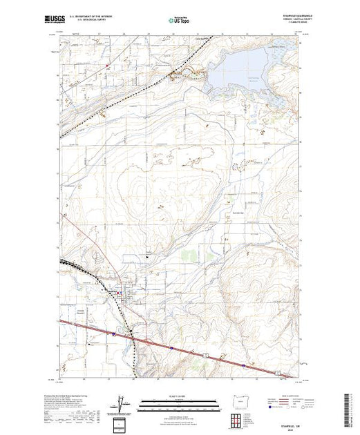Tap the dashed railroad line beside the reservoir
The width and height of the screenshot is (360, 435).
click(x=181, y=70)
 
